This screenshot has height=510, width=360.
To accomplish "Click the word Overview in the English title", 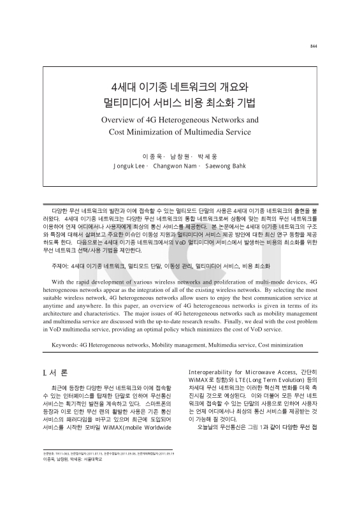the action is (x=122, y=120).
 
